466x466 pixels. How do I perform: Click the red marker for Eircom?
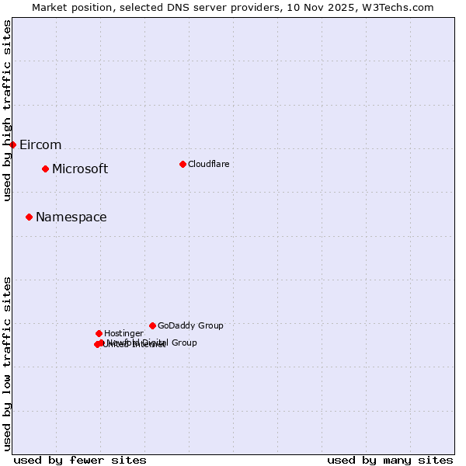(x=12, y=144)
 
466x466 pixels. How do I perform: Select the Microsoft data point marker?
(x=45, y=169)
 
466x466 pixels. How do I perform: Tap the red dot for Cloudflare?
(x=183, y=164)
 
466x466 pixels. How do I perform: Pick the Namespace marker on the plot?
(x=29, y=217)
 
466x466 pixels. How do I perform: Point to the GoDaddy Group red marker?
(x=152, y=325)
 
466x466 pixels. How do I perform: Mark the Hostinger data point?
(x=99, y=333)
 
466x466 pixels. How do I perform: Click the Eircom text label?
(x=40, y=145)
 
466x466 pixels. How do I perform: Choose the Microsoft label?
(x=80, y=169)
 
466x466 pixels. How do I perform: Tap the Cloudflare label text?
(x=208, y=164)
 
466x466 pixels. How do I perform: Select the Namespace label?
(x=71, y=217)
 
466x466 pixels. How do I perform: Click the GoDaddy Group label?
(x=190, y=325)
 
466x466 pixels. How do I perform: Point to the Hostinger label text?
(x=123, y=333)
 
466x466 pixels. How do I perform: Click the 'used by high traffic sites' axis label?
(x=7, y=110)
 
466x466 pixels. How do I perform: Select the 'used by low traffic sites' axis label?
(x=7, y=363)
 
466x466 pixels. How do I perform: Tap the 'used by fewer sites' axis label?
(x=80, y=460)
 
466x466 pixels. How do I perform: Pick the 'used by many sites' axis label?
(x=390, y=460)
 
